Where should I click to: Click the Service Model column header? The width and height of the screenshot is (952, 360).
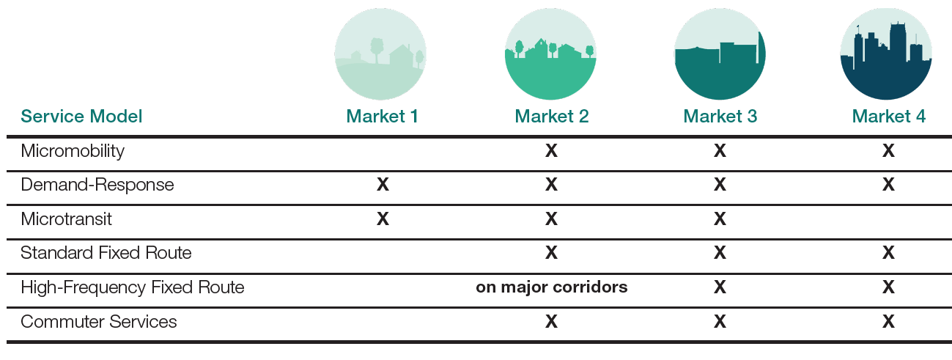(x=81, y=117)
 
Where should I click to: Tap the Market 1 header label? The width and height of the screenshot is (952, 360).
(x=382, y=117)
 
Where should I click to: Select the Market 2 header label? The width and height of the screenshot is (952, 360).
(x=552, y=117)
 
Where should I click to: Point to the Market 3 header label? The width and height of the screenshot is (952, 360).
(x=720, y=117)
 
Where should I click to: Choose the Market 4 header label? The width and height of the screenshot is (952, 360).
(x=889, y=117)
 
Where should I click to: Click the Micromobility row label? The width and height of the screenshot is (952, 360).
(x=73, y=151)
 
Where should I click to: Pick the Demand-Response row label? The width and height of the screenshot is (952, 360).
(x=97, y=185)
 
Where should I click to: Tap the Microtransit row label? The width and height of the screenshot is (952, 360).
(x=66, y=219)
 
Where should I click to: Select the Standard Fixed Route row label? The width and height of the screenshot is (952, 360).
(x=106, y=253)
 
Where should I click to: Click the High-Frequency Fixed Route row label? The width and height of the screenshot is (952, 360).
(x=132, y=287)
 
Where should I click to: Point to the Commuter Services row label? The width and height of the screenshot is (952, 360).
(x=99, y=322)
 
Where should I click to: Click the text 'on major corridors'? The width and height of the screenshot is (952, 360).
(x=552, y=287)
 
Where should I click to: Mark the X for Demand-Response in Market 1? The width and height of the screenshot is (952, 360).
(x=383, y=185)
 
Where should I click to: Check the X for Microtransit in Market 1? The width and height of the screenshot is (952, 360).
(x=383, y=219)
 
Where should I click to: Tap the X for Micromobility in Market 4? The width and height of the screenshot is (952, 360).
(x=888, y=150)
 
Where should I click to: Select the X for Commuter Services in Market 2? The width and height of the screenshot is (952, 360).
(x=551, y=321)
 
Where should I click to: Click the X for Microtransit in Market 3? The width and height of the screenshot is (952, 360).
(x=720, y=219)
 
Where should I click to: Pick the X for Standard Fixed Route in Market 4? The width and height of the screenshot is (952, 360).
(x=888, y=252)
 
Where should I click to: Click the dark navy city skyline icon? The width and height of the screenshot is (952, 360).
(x=886, y=54)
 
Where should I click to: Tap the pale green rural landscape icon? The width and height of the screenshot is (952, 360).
(x=380, y=54)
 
